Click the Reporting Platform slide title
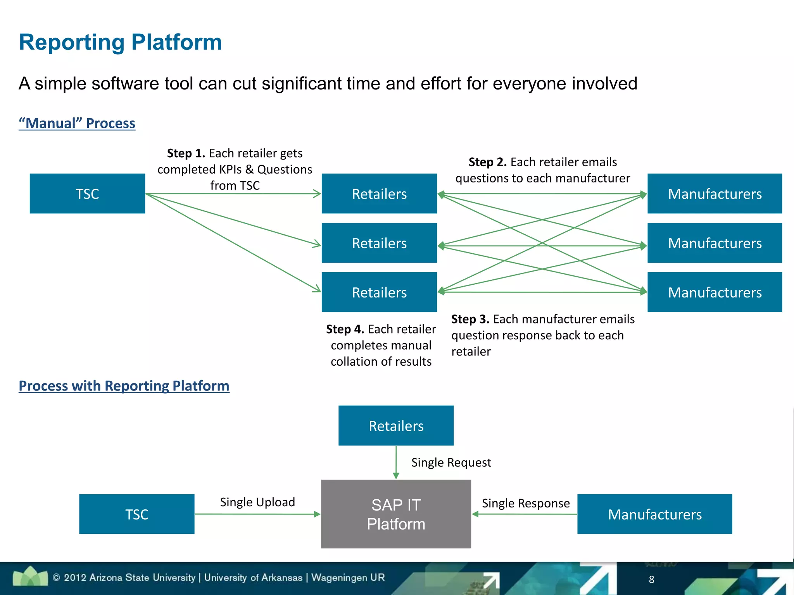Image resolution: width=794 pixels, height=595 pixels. pos(120,42)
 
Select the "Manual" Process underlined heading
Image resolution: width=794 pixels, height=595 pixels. pos(77,123)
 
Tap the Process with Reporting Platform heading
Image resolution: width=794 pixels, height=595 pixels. pos(124,386)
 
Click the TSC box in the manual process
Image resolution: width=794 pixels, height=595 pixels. pos(87,194)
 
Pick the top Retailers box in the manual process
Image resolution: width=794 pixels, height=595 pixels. pos(379,194)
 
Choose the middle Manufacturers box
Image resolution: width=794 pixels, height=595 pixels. pos(715,243)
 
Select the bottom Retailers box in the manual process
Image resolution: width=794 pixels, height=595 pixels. pos(379,292)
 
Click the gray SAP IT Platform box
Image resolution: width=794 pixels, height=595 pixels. pos(396,514)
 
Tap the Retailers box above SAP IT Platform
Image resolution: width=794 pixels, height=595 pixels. pos(396,426)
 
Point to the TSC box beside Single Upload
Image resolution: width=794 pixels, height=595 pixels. pos(137,514)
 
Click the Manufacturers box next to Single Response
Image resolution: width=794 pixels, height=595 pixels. pos(655,514)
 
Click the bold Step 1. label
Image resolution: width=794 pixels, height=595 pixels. pos(186,153)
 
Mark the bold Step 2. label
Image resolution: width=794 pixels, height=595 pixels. pos(488,162)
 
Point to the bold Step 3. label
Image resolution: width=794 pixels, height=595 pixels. pos(470,319)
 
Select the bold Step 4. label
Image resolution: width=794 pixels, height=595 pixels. pos(345,329)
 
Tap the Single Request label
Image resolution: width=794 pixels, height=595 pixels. pos(451,463)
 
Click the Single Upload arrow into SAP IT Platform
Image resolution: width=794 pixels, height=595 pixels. pos(258,514)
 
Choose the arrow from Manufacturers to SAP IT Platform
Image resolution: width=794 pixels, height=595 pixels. pos(524,514)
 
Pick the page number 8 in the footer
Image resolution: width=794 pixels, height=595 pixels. pos(651,580)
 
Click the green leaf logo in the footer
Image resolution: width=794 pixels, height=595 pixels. pos(30,576)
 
